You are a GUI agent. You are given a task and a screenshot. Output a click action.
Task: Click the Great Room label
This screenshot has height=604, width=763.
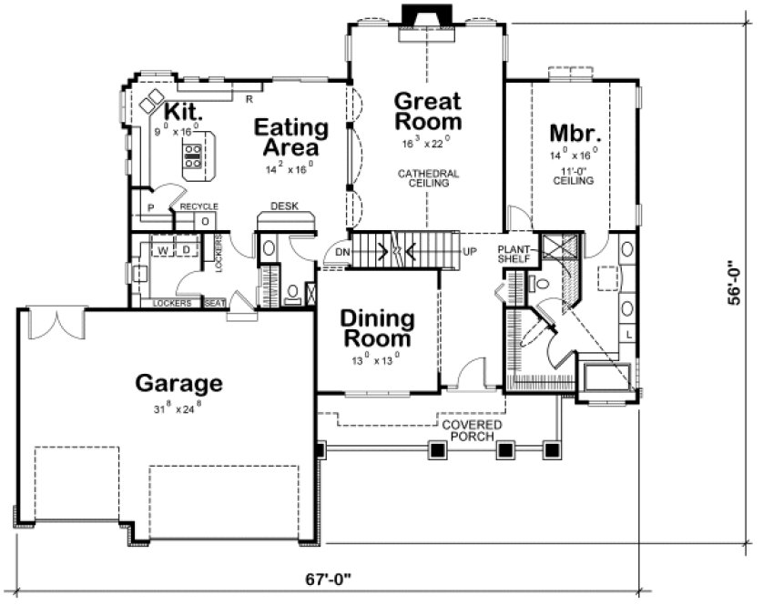tap(426, 111)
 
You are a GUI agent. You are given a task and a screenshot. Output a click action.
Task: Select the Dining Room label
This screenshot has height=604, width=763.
tap(377, 329)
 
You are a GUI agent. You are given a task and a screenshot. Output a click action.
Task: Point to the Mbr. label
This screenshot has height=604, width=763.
tap(573, 133)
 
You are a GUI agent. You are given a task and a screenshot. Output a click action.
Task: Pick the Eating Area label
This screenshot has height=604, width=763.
tap(286, 136)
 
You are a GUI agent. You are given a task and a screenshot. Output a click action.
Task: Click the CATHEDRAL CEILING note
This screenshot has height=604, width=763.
tap(427, 177)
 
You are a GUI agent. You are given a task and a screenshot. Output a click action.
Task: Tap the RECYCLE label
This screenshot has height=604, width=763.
tap(198, 207)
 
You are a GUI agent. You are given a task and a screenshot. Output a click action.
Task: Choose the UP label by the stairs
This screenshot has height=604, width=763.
tap(471, 251)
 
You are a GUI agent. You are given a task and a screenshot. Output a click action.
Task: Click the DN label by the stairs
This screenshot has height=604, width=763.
tap(341, 252)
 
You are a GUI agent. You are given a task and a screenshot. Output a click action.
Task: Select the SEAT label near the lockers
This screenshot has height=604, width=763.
tap(215, 303)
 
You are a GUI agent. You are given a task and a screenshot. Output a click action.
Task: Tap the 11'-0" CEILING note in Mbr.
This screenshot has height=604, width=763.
tap(573, 176)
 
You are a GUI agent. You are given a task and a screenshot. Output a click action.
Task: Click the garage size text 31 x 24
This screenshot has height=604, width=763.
tap(178, 408)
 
